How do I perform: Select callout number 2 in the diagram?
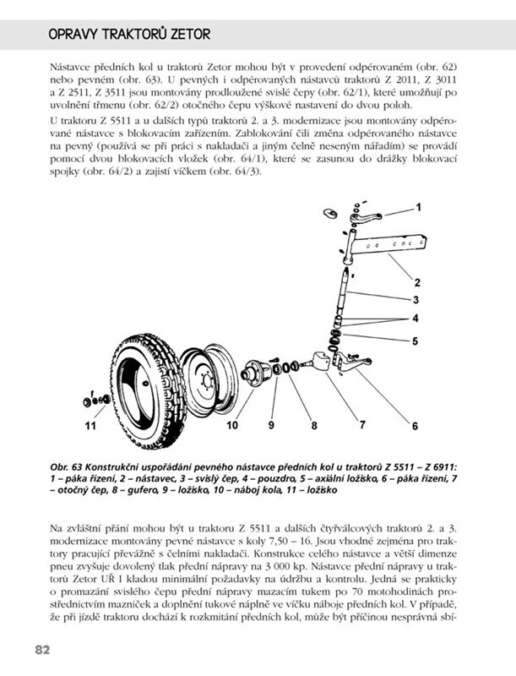point(417,281)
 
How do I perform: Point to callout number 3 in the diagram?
point(416,299)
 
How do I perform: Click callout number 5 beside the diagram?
point(416,341)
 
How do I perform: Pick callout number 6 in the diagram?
point(415,425)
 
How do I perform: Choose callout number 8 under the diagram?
point(314,425)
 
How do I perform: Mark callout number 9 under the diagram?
point(273,425)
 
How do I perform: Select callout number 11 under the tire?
point(90,426)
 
